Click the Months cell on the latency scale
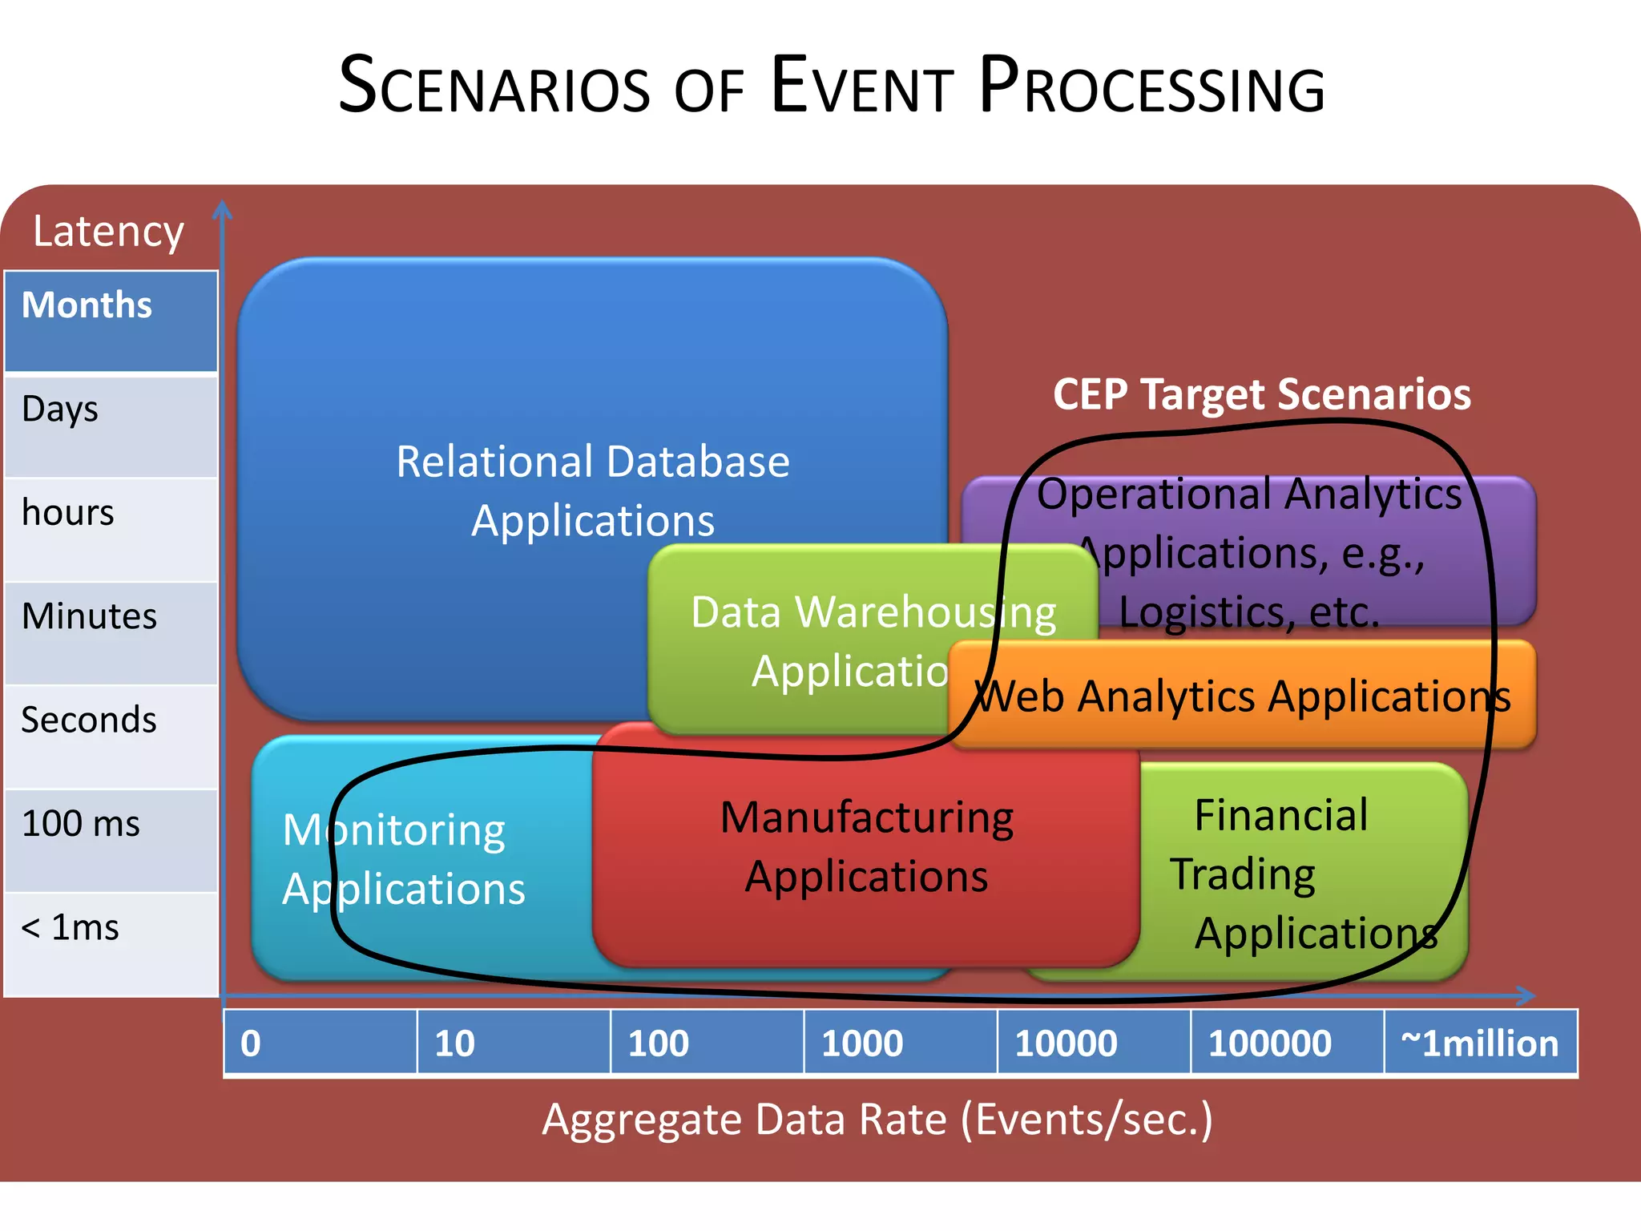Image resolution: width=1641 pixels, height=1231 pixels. [111, 321]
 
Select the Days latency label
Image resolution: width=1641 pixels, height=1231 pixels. [60, 410]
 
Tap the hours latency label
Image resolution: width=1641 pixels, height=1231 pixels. [68, 513]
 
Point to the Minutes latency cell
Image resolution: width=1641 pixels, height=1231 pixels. [111, 633]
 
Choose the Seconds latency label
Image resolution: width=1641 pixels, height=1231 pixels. [88, 720]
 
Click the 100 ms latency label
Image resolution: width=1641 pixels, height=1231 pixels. [80, 824]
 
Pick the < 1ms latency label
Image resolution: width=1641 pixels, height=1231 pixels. [70, 928]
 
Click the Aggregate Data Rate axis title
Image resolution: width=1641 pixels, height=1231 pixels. [877, 1120]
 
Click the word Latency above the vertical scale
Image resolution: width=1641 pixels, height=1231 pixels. [108, 232]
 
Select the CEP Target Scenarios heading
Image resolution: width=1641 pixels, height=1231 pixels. [1262, 394]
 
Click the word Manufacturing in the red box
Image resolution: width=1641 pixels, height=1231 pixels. [867, 818]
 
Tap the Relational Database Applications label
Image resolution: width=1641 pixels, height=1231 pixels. [593, 490]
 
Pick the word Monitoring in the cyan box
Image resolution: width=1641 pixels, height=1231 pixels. [394, 830]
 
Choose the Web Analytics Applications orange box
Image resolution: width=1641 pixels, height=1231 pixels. [1242, 696]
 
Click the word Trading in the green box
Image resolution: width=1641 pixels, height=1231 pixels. [1243, 874]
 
